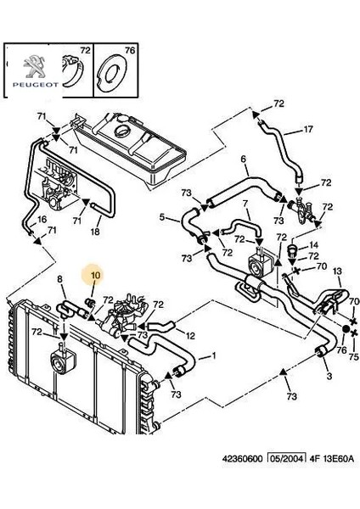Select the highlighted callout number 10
click(94, 276)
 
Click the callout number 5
click(164, 218)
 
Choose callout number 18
click(94, 232)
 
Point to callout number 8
click(59, 279)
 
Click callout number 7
click(245, 204)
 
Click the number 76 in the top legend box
click(130, 52)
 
